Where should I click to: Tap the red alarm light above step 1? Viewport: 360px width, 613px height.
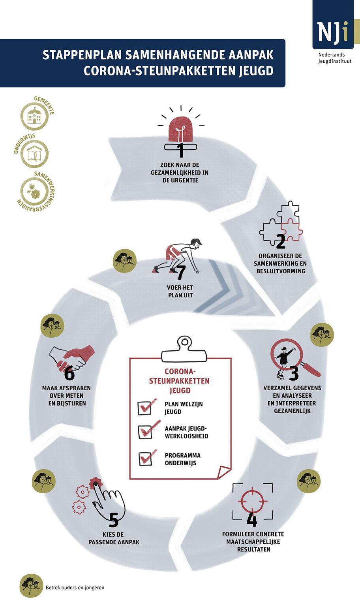(180, 130)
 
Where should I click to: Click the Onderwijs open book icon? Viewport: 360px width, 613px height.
(34, 154)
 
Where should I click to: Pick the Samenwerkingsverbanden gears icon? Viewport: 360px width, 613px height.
(34, 191)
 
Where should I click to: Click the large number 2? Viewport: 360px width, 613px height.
(281, 242)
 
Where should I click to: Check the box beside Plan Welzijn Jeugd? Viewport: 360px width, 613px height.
(144, 408)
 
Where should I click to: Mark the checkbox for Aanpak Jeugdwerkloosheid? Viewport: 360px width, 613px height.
(145, 432)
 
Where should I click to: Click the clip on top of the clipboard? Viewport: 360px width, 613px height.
(184, 350)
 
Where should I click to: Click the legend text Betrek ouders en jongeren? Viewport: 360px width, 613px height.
(75, 588)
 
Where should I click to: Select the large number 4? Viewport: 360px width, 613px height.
(252, 519)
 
